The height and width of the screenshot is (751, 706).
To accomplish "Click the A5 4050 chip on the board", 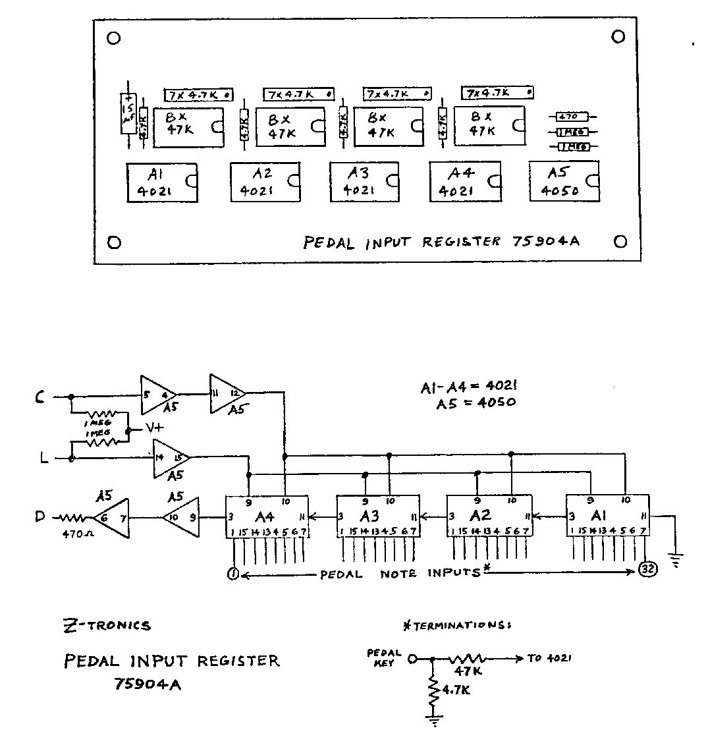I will point(564,181).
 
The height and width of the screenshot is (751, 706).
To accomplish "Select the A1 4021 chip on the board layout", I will point(162,182).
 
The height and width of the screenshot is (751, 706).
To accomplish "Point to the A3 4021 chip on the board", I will point(364,181).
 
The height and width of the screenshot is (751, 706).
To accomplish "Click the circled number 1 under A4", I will point(232,573).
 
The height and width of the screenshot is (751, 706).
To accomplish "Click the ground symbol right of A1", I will point(676,562).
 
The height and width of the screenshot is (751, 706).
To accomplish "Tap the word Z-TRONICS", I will point(105,625).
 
